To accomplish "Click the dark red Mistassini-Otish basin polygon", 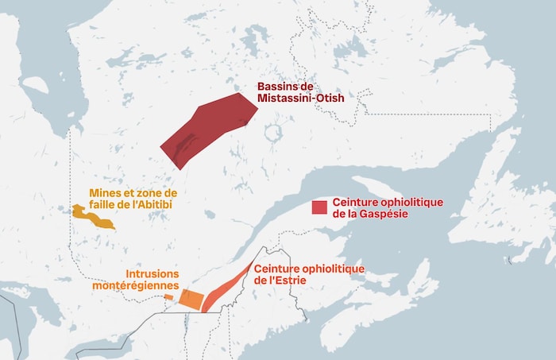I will point(208,127).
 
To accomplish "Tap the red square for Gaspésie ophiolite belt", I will point(319,207).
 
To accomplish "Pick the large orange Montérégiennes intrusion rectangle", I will point(191,300).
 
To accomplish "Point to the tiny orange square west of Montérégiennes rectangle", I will point(169,297).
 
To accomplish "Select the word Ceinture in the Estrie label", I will point(276,269).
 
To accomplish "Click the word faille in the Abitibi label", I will point(106,204).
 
